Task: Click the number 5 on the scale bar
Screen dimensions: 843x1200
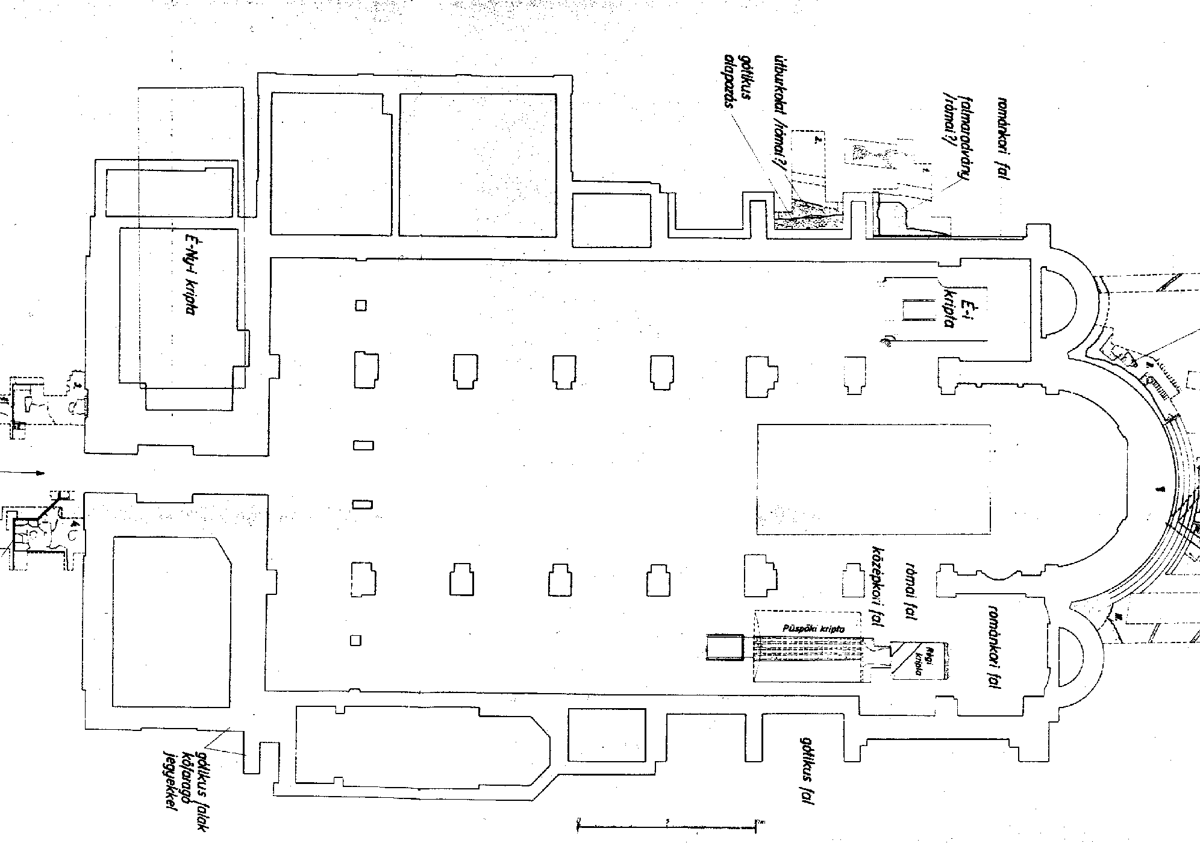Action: [667, 820]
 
